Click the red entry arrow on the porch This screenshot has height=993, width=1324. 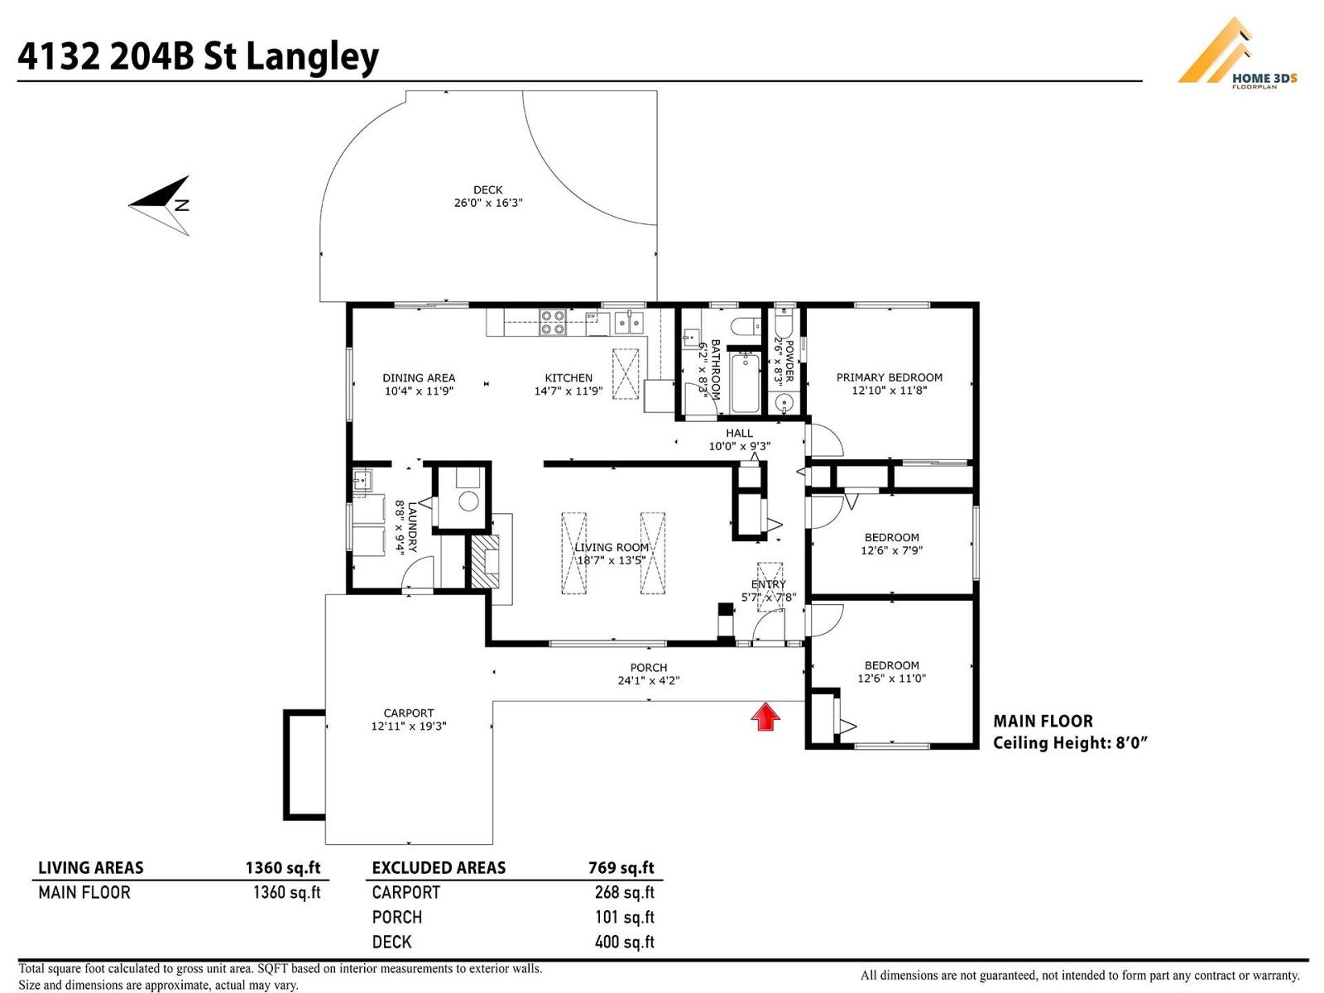(766, 717)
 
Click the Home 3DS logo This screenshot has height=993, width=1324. (1236, 55)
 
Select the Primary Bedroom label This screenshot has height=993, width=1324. (889, 377)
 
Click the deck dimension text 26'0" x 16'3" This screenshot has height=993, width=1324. (488, 203)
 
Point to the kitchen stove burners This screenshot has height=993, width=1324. (552, 322)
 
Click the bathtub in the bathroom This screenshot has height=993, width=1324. (746, 381)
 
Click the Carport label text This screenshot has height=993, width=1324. (408, 712)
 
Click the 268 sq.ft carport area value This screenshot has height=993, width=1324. (624, 892)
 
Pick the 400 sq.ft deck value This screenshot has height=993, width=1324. (624, 942)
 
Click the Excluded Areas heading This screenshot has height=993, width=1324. (439, 867)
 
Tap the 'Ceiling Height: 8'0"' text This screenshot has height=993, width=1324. (1070, 742)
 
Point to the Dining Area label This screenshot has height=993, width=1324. (419, 377)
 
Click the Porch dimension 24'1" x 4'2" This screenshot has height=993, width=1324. (649, 680)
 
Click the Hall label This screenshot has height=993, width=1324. (739, 433)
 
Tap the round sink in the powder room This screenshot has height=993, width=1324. (783, 404)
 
